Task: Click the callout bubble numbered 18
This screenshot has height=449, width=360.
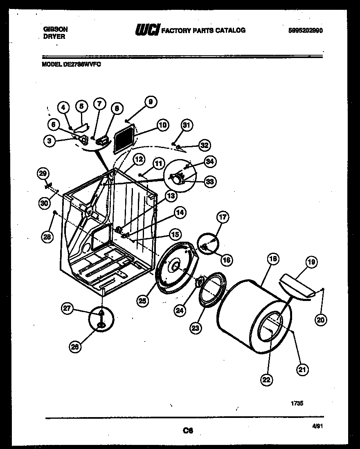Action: coord(273,258)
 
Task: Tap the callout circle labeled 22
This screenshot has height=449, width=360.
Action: coord(266,380)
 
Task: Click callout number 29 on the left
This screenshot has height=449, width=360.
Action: coord(43,173)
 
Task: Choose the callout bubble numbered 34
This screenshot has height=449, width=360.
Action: coord(210,162)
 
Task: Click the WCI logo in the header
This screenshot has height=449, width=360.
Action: coord(147,30)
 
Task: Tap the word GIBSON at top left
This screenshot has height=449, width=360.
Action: coord(55,29)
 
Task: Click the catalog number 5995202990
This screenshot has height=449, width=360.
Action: coord(305,30)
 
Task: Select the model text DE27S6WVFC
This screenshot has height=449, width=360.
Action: coord(82,64)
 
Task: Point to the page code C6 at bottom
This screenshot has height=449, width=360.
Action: coord(188,430)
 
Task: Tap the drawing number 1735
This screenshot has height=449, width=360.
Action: coord(297,403)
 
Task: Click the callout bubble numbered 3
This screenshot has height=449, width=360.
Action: coord(49,142)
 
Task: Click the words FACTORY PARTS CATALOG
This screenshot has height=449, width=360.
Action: coord(204,30)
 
